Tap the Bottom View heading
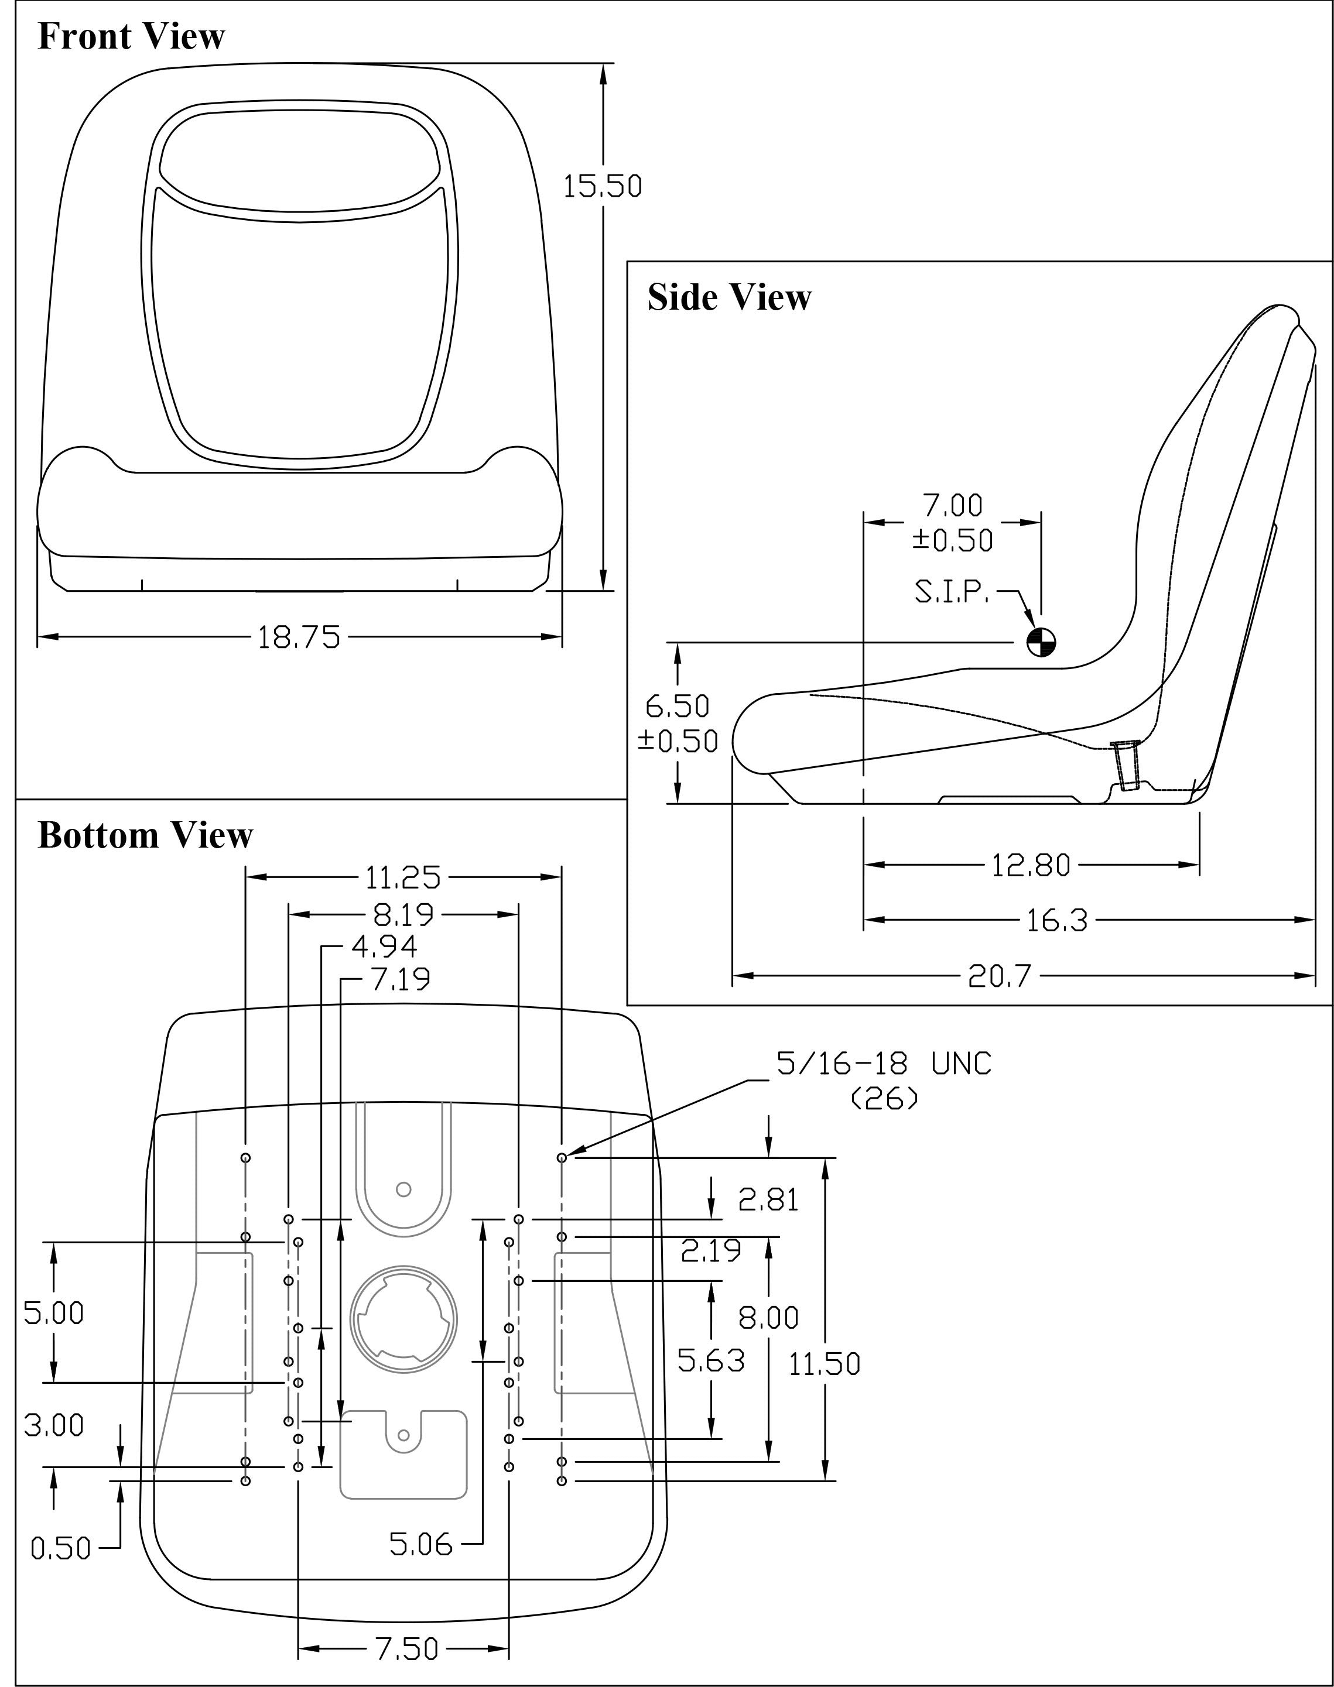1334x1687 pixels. (x=145, y=835)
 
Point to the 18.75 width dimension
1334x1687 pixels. (x=299, y=638)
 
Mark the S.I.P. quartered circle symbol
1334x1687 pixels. (x=1041, y=643)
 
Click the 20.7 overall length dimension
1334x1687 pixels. (x=1000, y=976)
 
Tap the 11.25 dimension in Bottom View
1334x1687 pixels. (x=403, y=878)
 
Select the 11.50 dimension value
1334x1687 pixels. (x=824, y=1364)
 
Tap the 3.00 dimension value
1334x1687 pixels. (x=54, y=1425)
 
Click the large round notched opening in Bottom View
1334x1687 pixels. (x=403, y=1319)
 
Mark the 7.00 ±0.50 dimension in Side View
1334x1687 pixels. (x=953, y=522)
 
